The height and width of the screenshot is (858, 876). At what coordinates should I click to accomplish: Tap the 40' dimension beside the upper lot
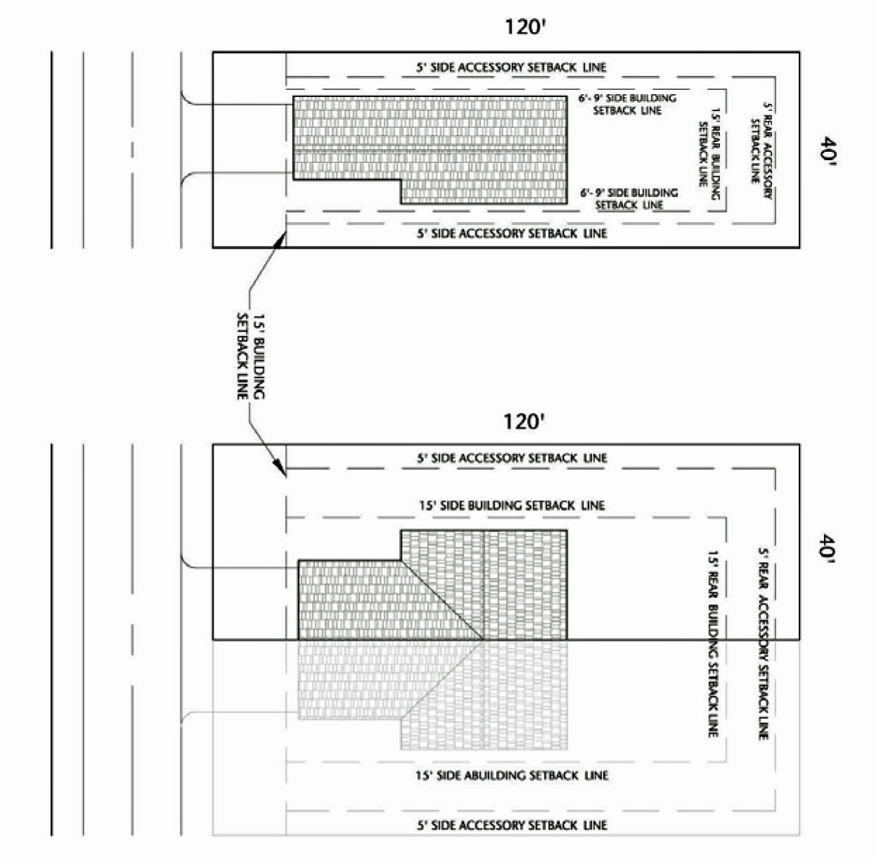click(x=827, y=149)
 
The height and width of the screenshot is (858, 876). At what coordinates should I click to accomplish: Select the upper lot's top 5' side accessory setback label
click(x=511, y=67)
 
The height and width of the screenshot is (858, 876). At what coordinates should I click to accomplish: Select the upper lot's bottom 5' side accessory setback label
click(x=511, y=233)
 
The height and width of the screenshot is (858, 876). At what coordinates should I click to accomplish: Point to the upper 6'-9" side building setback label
click(x=627, y=104)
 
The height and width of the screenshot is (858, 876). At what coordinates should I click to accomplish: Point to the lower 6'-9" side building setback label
click(x=629, y=198)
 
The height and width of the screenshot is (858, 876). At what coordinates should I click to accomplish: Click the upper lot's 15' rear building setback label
click(x=710, y=147)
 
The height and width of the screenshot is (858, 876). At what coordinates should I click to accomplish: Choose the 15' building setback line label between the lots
click(x=250, y=355)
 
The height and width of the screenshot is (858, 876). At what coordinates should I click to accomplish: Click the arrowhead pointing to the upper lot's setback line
click(x=282, y=238)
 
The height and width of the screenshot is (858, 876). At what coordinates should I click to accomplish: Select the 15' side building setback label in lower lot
click(x=511, y=505)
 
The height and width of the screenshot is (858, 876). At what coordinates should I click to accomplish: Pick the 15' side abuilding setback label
click(x=511, y=775)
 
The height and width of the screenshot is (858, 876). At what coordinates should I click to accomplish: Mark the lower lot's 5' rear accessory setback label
click(x=764, y=643)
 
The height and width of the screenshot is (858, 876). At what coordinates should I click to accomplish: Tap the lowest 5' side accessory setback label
click(x=511, y=824)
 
